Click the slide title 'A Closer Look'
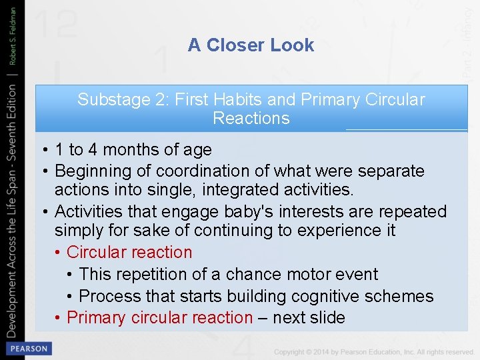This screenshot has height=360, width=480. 251,45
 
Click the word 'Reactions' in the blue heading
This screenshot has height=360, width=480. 251,119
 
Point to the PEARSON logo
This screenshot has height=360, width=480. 27,349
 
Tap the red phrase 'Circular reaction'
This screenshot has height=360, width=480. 129,253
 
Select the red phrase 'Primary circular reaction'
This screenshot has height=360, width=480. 160,317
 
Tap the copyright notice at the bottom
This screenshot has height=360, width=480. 373,351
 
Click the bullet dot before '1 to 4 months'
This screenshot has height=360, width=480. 43,151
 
